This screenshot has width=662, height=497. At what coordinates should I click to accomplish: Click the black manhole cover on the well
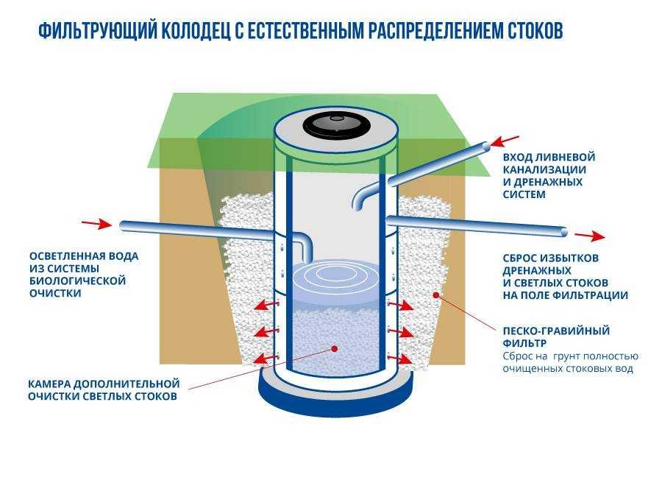coord(335,123)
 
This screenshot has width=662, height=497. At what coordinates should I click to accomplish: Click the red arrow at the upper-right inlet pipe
coord(505,141)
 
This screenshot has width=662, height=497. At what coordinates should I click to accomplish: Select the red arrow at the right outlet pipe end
coord(590,236)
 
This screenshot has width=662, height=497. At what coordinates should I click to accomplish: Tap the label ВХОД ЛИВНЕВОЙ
coord(549,158)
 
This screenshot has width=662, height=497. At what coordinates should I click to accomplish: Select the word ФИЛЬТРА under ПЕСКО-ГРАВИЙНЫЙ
coord(526,342)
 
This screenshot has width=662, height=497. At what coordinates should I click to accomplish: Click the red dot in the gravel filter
coord(437,295)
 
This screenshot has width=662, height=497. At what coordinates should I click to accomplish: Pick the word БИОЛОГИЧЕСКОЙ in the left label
coord(77,281)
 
